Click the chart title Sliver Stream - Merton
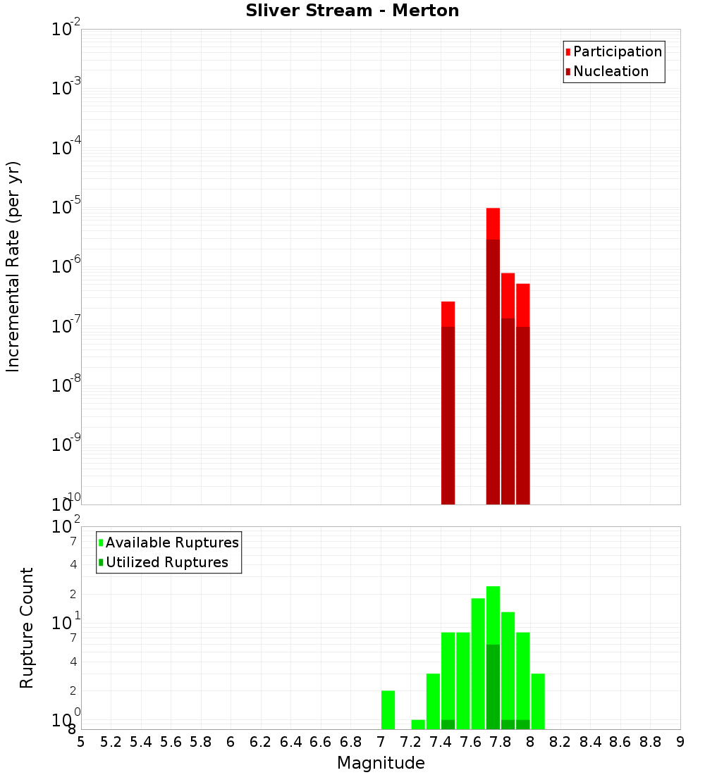pyautogui.click(x=352, y=11)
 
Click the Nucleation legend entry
pyautogui.click(x=610, y=71)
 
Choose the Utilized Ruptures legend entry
pyautogui.click(x=166, y=562)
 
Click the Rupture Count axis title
pyautogui.click(x=27, y=628)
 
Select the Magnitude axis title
pyautogui.click(x=381, y=763)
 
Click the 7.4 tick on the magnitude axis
pyautogui.click(x=441, y=742)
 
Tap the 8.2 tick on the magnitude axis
pyautogui.click(x=560, y=742)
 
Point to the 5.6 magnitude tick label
pyautogui.click(x=171, y=742)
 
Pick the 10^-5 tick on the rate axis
pyautogui.click(x=66, y=208)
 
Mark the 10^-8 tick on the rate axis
pyautogui.click(x=66, y=386)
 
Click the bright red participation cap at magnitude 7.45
pyautogui.click(x=448, y=314)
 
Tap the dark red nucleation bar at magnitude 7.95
pyautogui.click(x=522, y=416)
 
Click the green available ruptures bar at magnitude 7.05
pyautogui.click(x=388, y=709)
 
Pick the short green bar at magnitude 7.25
pyautogui.click(x=418, y=724)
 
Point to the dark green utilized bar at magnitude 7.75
pyautogui.click(x=493, y=687)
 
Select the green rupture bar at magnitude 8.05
pyautogui.click(x=538, y=701)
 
